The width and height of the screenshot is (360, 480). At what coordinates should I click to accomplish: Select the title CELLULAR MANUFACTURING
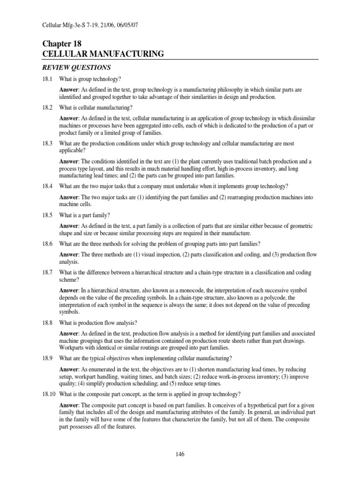coord(103,54)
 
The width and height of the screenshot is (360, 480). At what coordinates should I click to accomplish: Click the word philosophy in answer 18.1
coord(230,89)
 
